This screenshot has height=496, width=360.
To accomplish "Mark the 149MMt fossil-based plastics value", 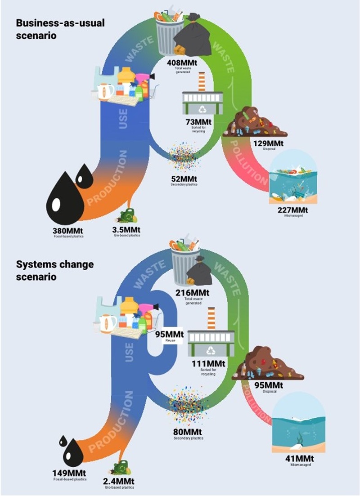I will (x=69, y=473).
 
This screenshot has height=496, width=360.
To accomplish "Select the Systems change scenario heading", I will (x=55, y=269).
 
